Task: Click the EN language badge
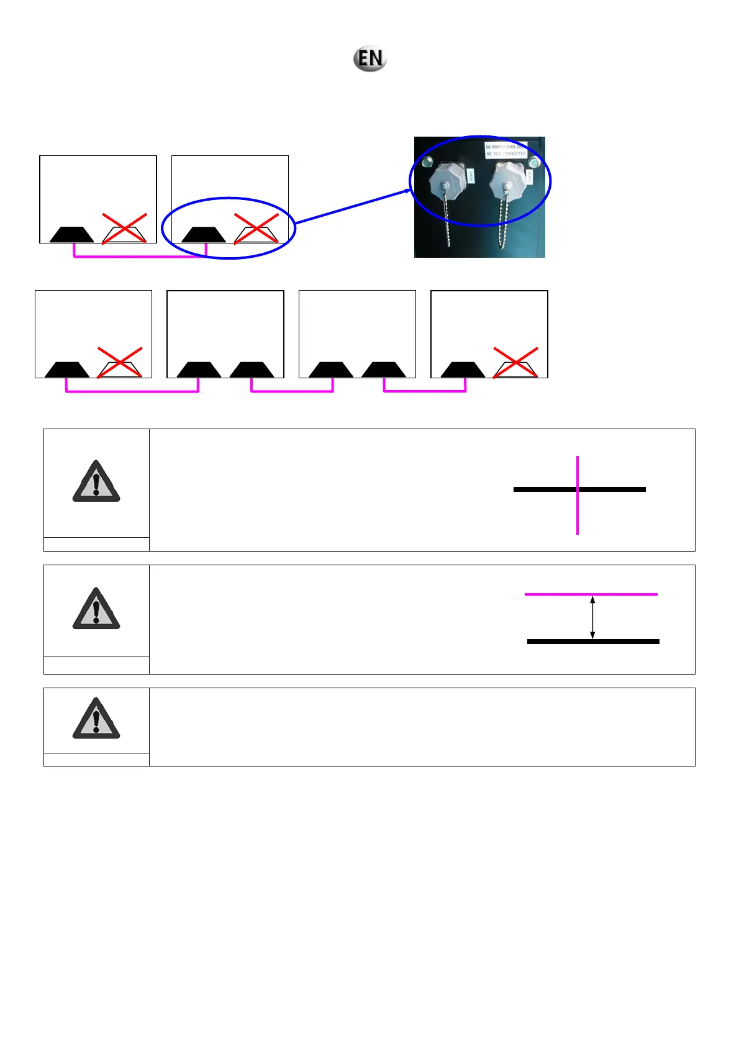pos(370,59)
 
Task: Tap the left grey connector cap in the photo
pos(446,182)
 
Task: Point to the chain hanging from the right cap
pos(505,224)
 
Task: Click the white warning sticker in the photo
pos(506,150)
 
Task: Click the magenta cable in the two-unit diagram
pos(140,256)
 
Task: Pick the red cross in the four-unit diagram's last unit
pos(515,362)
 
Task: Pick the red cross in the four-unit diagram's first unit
pos(120,362)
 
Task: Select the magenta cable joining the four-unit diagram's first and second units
pos(132,391)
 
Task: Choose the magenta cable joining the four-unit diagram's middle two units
pos(292,391)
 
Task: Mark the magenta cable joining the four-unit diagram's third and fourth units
pos(425,391)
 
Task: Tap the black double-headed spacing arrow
pos(592,618)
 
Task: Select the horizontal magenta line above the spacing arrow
pos(591,594)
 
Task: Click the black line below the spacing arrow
pos(593,642)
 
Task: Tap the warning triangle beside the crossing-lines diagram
pos(96,482)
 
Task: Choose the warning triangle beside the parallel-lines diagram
pos(96,609)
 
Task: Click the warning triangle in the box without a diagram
pos(96,719)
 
